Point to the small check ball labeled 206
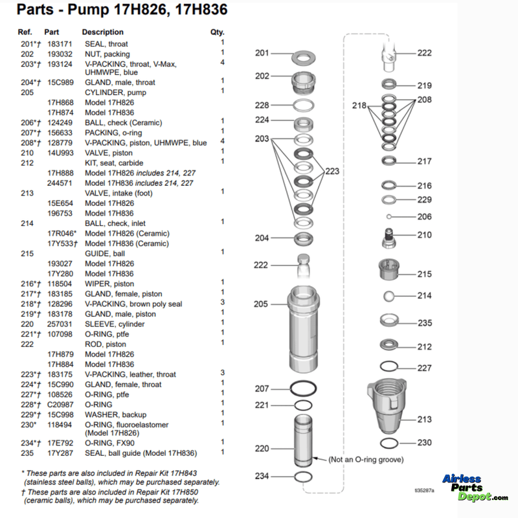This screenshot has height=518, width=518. point(388,217)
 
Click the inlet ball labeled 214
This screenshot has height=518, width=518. point(388,296)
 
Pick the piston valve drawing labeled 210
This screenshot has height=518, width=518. point(388,236)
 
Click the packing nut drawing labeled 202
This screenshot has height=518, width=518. point(302,83)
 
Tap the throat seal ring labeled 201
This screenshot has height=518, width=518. point(302,58)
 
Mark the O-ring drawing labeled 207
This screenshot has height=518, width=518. point(302,388)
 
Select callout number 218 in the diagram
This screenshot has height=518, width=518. point(359,105)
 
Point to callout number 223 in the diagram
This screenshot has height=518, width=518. point(332,172)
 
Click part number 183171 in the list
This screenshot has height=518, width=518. point(59,44)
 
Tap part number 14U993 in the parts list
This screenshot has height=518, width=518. point(59,152)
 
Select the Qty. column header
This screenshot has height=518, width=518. point(217,32)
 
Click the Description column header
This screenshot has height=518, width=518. point(102,32)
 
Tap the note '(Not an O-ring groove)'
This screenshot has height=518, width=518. point(366,459)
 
